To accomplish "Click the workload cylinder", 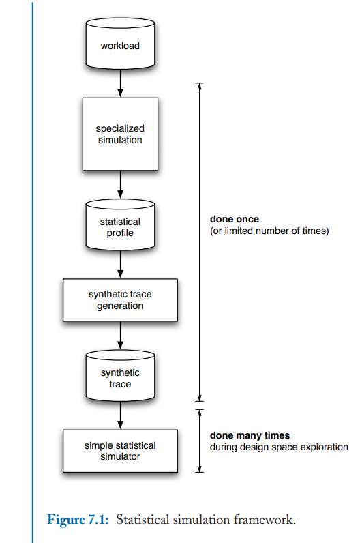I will pos(119,44).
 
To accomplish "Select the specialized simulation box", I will pos(120,134).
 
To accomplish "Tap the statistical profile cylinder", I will pos(120,226).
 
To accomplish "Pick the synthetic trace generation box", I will pos(120,300).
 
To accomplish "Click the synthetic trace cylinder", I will pos(120,377).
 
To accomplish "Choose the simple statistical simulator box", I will pos(120,451).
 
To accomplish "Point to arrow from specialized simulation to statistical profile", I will pos(120,184).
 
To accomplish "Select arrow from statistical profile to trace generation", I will pos(120,265).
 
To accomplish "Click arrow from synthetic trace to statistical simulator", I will pos(120,415).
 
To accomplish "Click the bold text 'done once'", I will pos(235,220).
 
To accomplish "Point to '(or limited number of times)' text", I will pos(269,231).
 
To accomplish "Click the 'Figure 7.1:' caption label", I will pos(78,520).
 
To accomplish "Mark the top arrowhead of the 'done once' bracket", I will pos(200,86).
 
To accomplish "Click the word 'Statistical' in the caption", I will pos(141,520).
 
